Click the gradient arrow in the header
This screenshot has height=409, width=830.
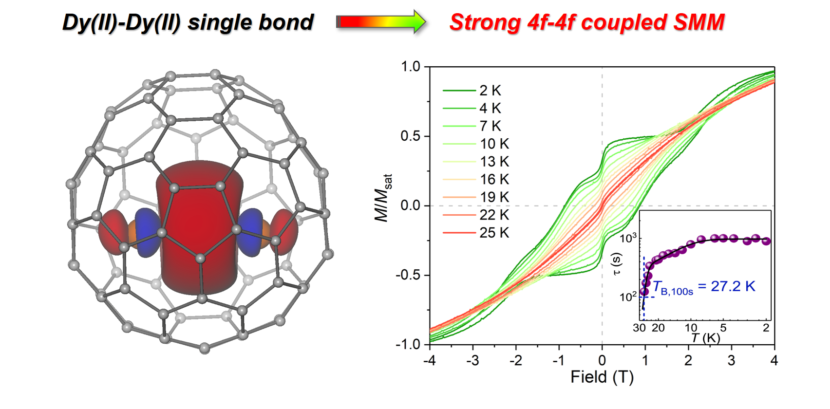click(x=381, y=22)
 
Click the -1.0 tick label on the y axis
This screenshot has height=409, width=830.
click(x=408, y=344)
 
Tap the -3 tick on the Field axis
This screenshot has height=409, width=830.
click(x=472, y=360)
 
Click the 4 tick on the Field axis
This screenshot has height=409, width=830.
click(x=774, y=360)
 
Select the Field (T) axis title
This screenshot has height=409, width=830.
click(x=602, y=377)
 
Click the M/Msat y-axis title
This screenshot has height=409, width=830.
click(x=383, y=198)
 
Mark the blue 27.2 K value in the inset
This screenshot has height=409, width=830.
click(x=733, y=286)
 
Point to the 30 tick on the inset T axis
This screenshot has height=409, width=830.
click(x=639, y=328)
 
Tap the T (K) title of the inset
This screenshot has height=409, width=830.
click(x=705, y=338)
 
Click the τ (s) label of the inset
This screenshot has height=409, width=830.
click(x=616, y=264)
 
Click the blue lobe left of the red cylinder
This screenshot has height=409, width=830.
click(x=147, y=232)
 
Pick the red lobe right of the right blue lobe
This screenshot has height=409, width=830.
click(x=284, y=232)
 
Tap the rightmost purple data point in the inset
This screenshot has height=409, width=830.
click(x=766, y=241)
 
